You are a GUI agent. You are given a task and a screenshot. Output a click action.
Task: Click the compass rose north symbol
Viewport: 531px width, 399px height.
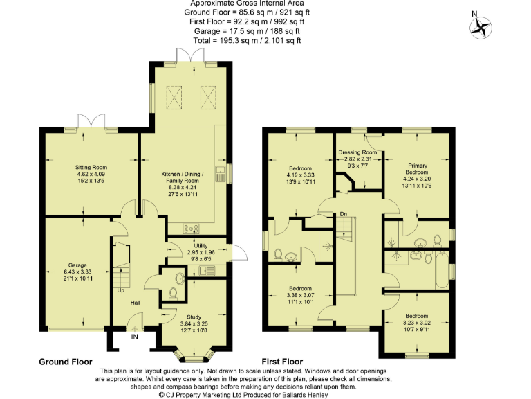[x=480, y=26]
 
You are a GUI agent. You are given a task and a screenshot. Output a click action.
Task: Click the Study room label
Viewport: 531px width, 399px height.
[x=194, y=317]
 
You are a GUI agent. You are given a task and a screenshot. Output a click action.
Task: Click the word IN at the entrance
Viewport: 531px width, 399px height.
[x=134, y=338]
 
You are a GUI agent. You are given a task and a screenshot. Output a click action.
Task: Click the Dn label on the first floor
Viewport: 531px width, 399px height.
[x=343, y=214]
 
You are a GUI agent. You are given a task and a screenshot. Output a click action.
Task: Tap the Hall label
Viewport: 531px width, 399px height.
[x=136, y=303]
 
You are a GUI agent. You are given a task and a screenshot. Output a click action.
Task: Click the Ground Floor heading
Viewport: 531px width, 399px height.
[x=65, y=362]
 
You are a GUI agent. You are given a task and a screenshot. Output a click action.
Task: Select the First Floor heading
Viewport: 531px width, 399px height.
[x=282, y=362]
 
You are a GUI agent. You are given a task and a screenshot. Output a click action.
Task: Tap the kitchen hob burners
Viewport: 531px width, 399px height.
[x=191, y=229]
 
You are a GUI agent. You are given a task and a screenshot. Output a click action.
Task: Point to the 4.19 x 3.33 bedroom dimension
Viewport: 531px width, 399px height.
[x=300, y=175]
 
